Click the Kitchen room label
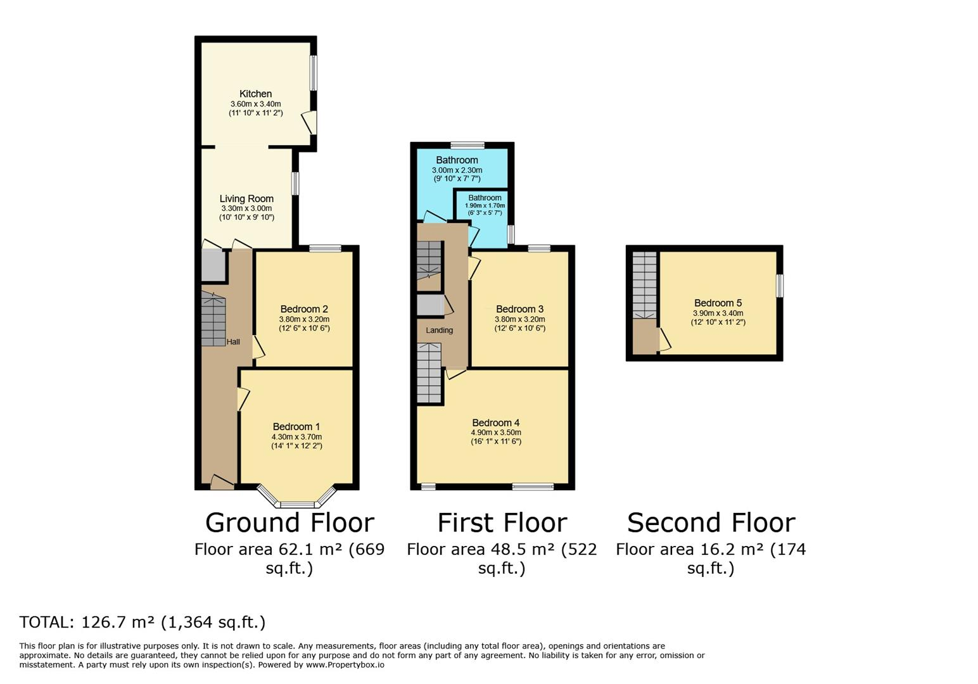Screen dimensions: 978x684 pos(255,94)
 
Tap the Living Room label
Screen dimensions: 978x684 pos(246,199)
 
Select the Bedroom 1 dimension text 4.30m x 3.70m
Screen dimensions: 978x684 pos(296,436)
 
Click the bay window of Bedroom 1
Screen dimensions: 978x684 pos(297,498)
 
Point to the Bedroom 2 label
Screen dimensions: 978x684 pos(304,310)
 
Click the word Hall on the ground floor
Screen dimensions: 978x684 pos(233,342)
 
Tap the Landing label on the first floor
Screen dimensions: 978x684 pos(439,331)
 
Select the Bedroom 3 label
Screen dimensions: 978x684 pos(519,310)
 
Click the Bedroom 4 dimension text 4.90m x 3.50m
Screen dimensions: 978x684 pos(496,433)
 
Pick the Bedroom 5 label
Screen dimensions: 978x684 pos(718,303)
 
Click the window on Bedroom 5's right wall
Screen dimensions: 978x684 pos(779,286)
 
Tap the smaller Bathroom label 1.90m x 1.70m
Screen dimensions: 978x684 pos(485,205)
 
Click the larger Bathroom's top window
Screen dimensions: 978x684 pos(467,145)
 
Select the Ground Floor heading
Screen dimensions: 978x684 pos(290,522)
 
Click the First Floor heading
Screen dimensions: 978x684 pos(502,522)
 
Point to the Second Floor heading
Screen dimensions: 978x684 pos(711,522)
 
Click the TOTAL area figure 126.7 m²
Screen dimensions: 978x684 pos(118,622)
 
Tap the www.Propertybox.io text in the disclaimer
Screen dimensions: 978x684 pos(345,665)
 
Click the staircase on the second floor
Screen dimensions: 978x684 pos(644,286)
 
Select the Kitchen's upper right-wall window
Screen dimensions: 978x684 pos(314,73)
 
